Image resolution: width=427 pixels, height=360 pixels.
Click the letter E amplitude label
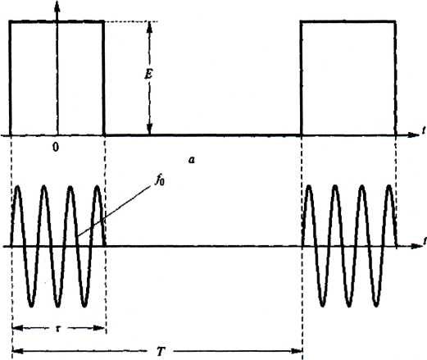point(148,74)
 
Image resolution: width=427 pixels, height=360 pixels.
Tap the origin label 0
point(56,148)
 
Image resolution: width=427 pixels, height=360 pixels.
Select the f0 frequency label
point(160,180)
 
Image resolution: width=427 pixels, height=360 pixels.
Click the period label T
point(161,351)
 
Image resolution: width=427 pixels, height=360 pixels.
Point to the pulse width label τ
point(57,328)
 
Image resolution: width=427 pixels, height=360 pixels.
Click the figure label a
point(192,160)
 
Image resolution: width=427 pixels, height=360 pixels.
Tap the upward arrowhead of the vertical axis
point(57,6)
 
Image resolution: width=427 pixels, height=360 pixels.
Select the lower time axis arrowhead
point(416,246)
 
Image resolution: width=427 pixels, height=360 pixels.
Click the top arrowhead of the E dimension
point(149,27)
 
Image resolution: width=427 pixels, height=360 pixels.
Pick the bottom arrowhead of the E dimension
point(149,129)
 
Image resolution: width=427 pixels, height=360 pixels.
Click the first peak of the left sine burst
point(18,188)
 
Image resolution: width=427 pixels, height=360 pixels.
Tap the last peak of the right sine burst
point(389,187)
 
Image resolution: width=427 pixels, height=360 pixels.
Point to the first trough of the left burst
point(31,304)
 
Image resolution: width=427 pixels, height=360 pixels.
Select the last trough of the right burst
point(376,304)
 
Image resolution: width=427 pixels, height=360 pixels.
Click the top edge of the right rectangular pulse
point(348,21)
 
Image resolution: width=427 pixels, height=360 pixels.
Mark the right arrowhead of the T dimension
point(297,351)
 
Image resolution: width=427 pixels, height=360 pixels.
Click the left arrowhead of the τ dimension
point(18,328)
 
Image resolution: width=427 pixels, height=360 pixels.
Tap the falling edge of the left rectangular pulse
point(103,78)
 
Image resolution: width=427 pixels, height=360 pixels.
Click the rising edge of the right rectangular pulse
point(302,78)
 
